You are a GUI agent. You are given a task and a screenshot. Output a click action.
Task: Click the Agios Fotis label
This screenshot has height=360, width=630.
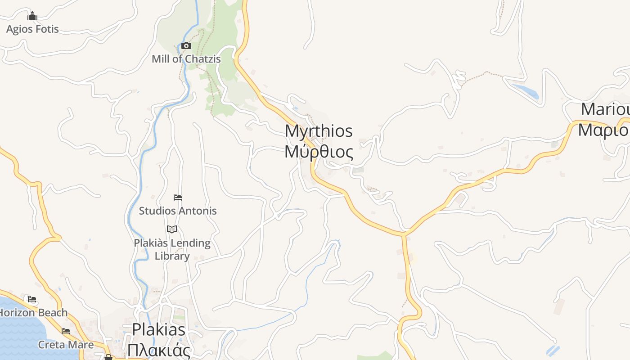click(32, 29)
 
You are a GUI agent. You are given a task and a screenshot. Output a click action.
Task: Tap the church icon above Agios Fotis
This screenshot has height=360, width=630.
click(32, 17)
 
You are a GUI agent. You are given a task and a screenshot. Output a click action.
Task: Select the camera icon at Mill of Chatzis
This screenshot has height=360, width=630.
click(186, 45)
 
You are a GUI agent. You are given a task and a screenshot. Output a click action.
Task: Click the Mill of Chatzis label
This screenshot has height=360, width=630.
click(186, 59)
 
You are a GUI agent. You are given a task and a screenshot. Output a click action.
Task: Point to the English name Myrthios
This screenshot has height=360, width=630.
click(319, 131)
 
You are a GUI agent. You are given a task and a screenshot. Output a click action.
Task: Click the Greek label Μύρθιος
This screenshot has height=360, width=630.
click(319, 152)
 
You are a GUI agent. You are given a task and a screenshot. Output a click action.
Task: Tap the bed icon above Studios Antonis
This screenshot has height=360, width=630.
click(178, 198)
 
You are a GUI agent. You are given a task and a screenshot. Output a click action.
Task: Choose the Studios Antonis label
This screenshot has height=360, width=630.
click(178, 211)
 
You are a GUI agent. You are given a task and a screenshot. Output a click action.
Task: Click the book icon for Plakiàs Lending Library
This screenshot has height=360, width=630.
click(172, 229)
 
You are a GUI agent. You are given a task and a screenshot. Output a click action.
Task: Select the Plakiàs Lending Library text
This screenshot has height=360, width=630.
click(172, 249)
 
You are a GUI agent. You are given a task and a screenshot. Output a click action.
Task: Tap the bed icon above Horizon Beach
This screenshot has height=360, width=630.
click(31, 299)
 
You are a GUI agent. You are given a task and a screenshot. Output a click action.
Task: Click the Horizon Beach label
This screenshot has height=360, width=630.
click(34, 312)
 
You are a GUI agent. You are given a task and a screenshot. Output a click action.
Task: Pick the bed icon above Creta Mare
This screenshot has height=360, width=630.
click(66, 332)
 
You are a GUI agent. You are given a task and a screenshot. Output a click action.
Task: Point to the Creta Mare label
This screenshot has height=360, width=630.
click(66, 345)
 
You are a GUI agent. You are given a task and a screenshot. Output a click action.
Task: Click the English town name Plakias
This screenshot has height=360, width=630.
click(158, 329)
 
